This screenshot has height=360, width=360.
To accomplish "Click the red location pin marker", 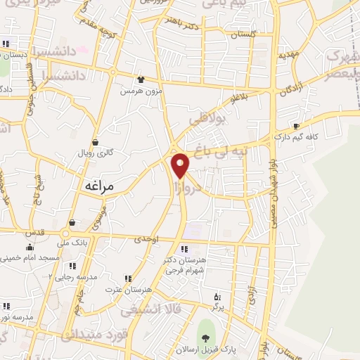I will [x=181, y=165].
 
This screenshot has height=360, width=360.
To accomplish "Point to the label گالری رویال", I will [x=95, y=152].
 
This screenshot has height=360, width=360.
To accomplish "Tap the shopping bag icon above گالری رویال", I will [x=95, y=141].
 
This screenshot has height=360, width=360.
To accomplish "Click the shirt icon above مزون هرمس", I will [x=141, y=79].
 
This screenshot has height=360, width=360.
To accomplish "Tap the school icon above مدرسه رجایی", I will [x=72, y=266].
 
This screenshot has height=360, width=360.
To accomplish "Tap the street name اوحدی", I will [x=147, y=240].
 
